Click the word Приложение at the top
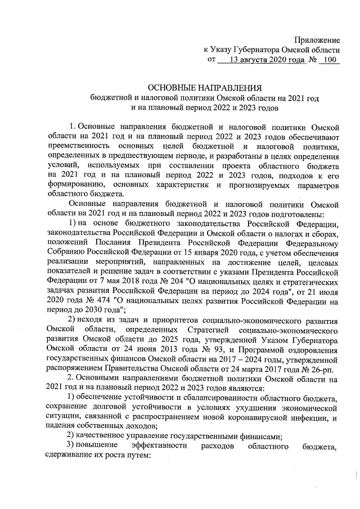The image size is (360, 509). [x=318, y=40]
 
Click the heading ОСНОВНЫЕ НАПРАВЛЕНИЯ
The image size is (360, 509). [x=205, y=88]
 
